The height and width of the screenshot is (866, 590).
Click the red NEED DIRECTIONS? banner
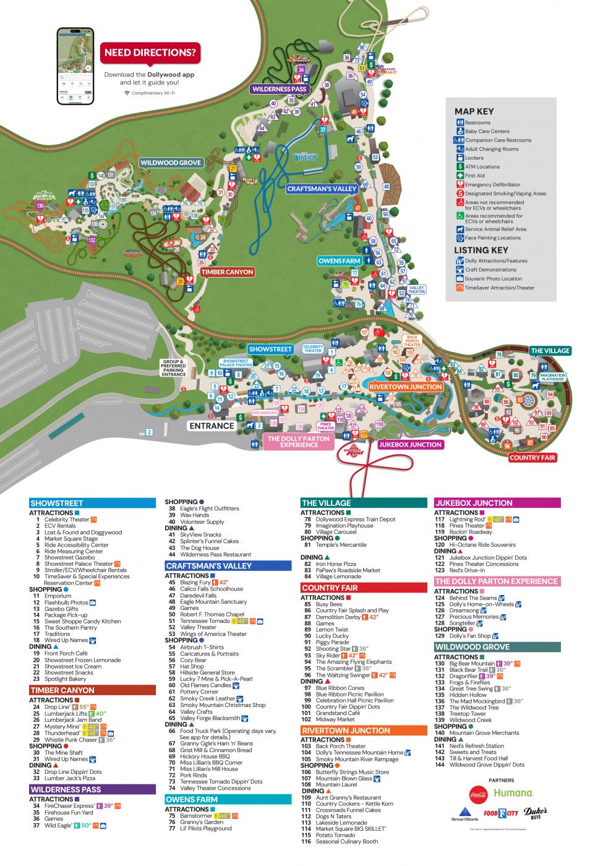coord(151,53)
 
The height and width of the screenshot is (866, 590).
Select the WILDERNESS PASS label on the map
coord(279,89)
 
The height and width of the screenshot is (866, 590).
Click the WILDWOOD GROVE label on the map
coord(171,163)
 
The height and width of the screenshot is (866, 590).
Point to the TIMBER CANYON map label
coord(227,272)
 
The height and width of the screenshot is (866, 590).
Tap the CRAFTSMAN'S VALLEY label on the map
coord(322,189)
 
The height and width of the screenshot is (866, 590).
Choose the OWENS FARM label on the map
coord(339,261)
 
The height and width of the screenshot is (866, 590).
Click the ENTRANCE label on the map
coord(212,426)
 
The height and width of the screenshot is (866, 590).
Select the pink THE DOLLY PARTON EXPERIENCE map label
coord(299,441)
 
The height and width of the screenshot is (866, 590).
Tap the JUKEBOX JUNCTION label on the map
coord(411,444)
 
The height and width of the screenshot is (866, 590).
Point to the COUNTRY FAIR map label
coord(532,458)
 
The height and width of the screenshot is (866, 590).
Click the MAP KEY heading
coord(474,111)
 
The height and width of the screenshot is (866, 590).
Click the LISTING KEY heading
coord(481,250)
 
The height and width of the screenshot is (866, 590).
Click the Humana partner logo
coord(513,792)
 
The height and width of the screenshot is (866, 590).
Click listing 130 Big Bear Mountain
coord(472,663)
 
